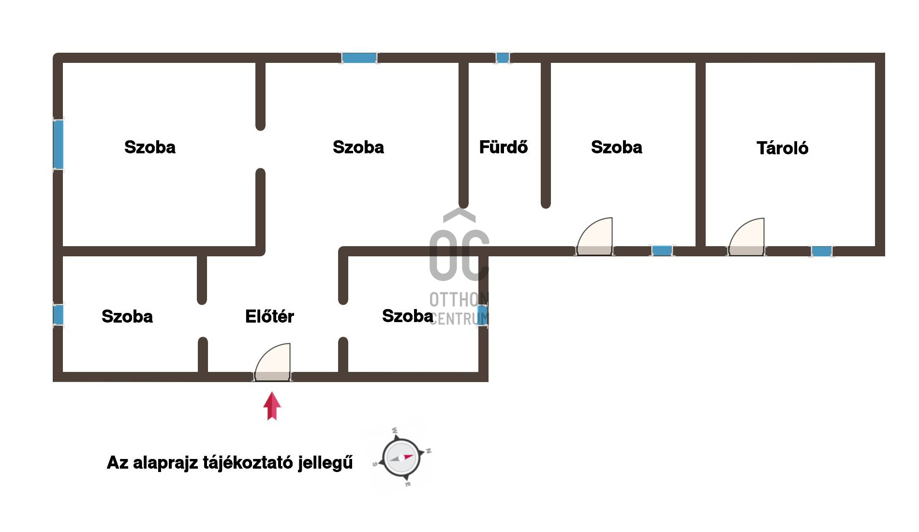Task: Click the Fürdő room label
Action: (503, 147)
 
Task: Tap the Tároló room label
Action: (782, 148)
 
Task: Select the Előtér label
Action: (269, 316)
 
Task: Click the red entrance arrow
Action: (272, 406)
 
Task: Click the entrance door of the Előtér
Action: (273, 362)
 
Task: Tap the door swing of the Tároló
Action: (747, 236)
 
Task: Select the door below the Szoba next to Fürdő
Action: (594, 236)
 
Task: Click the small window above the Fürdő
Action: (503, 58)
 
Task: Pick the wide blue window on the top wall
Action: (359, 58)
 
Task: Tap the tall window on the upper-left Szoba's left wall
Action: (58, 145)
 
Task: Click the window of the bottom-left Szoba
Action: (58, 315)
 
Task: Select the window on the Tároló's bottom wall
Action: (821, 251)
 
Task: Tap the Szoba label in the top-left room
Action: (150, 147)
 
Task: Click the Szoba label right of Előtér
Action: (408, 316)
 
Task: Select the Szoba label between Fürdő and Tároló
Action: (617, 147)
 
